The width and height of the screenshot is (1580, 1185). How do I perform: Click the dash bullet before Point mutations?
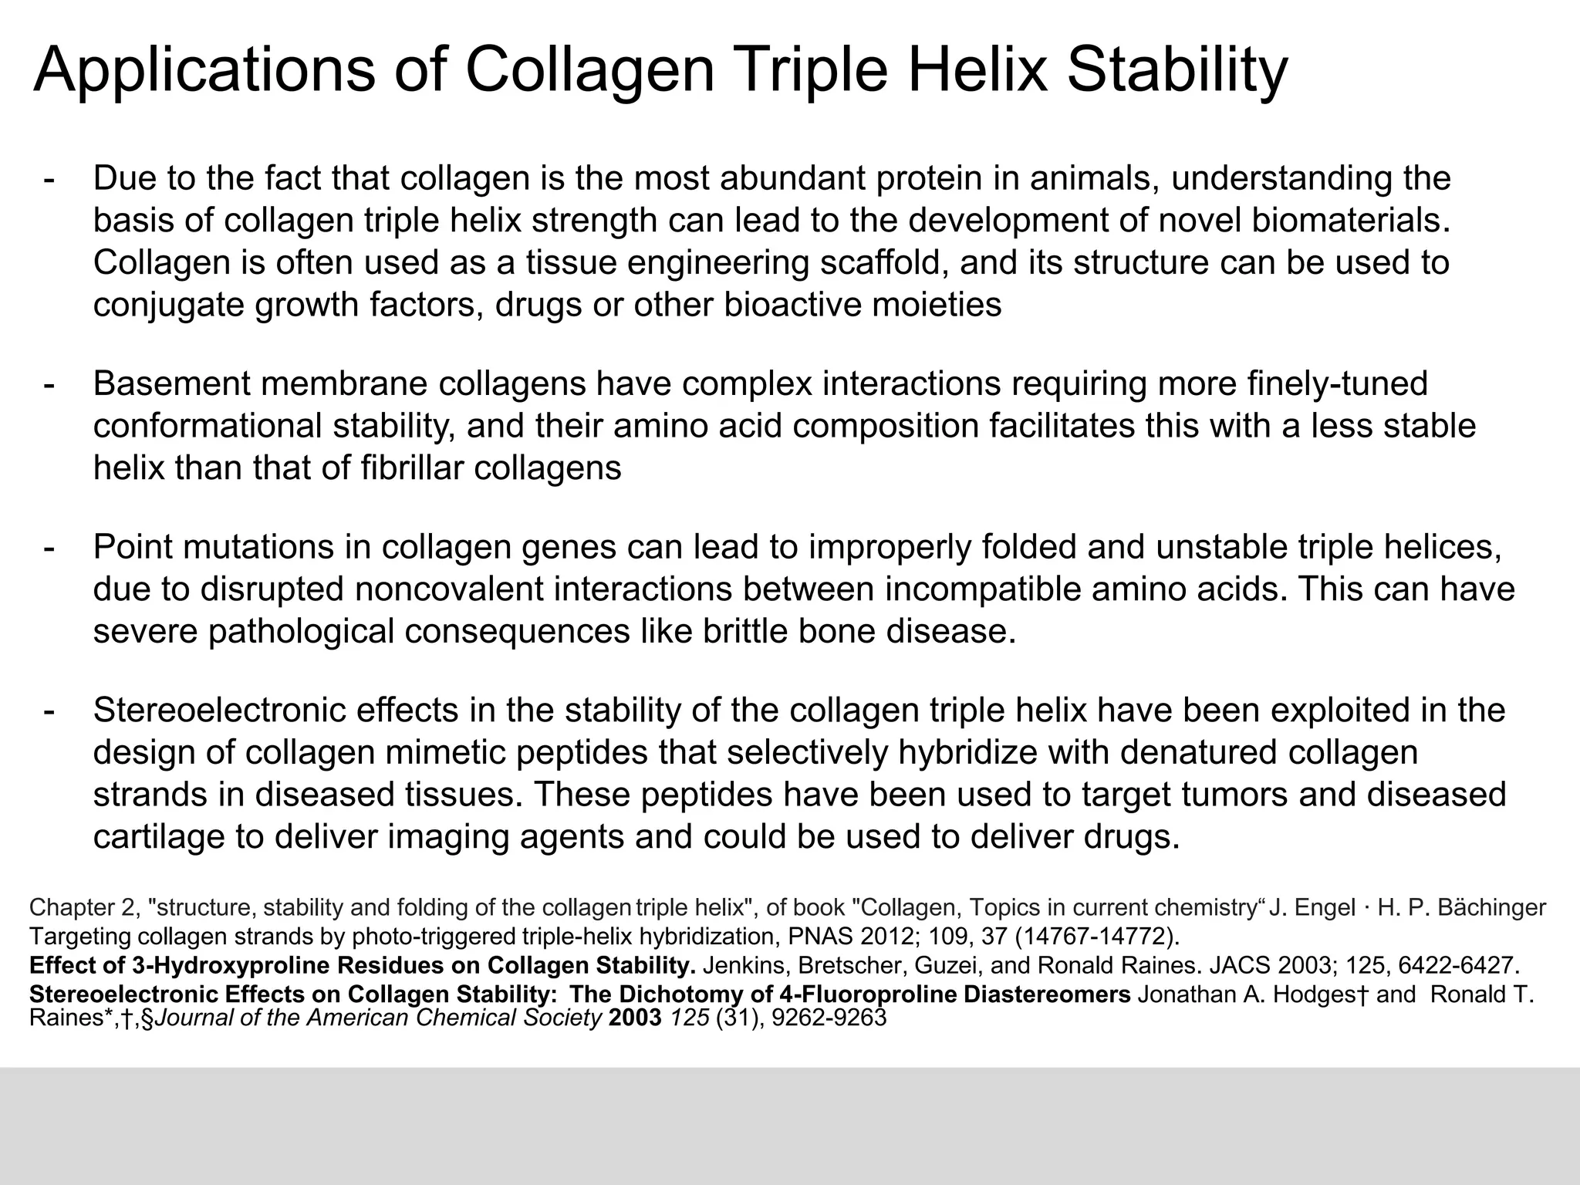(x=49, y=548)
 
